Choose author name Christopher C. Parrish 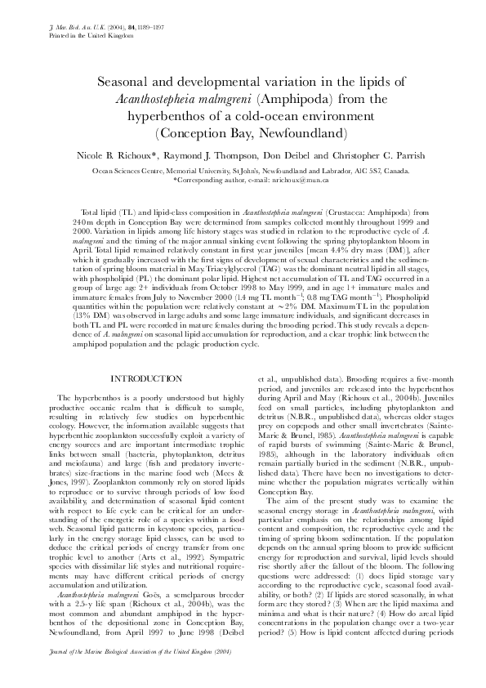(x=376, y=154)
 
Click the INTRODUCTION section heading (x=142, y=378)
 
